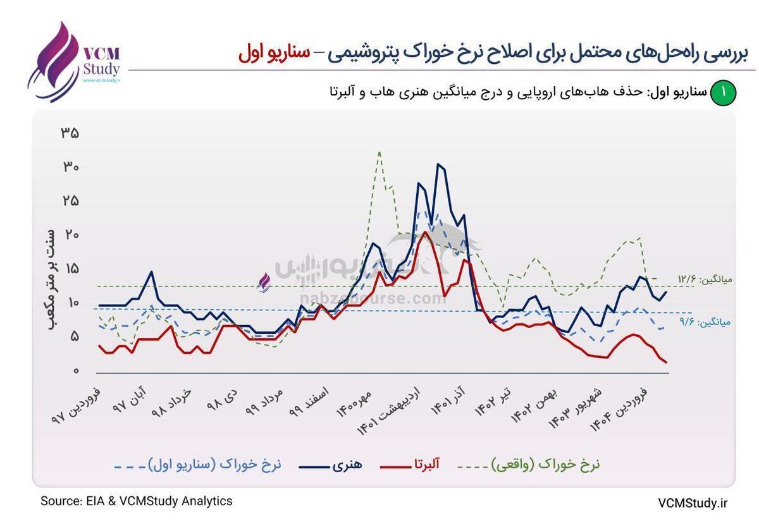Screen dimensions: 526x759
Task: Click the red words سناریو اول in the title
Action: coord(275,53)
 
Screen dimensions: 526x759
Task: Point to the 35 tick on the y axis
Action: coord(70,133)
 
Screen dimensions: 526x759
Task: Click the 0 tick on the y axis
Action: coord(74,371)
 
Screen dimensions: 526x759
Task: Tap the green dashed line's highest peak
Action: coord(378,152)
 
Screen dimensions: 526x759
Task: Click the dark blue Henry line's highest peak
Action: coord(438,164)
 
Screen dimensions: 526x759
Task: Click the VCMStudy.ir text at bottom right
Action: coord(693,503)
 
